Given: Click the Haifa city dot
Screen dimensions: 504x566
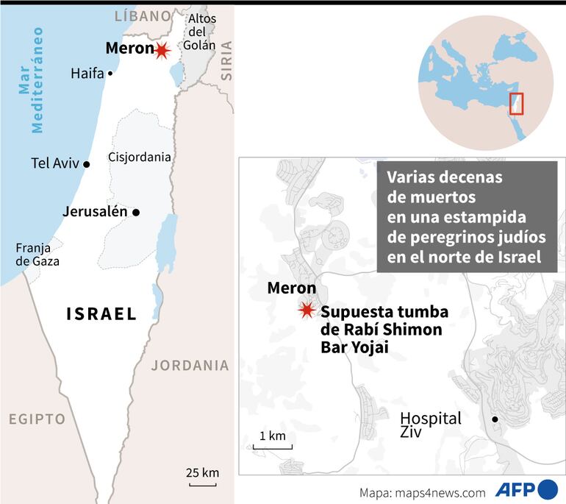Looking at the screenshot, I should click(x=110, y=73).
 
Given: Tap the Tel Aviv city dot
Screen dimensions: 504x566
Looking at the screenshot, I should click(x=87, y=164).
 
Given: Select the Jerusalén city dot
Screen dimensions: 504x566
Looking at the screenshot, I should click(x=136, y=212).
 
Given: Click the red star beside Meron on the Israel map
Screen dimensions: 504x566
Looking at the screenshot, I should click(x=161, y=50).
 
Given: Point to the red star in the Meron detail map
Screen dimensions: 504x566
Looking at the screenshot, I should click(x=307, y=310).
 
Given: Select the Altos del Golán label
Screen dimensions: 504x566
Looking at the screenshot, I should click(x=201, y=32).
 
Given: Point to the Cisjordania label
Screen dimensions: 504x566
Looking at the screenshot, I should click(x=139, y=157).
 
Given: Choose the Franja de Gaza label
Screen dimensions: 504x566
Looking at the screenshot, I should click(x=37, y=254).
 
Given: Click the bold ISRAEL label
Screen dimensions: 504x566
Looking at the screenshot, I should click(x=101, y=314).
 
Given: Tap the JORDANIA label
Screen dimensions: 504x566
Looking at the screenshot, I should click(x=190, y=365).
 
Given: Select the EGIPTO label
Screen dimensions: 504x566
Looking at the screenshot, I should click(x=37, y=419).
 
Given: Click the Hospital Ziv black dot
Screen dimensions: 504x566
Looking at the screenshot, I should click(x=495, y=419).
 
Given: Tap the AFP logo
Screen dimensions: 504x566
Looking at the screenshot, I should click(x=526, y=489).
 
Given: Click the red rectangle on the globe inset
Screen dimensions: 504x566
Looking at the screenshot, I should click(x=517, y=104).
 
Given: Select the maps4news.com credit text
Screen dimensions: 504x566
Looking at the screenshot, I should click(x=423, y=492).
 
